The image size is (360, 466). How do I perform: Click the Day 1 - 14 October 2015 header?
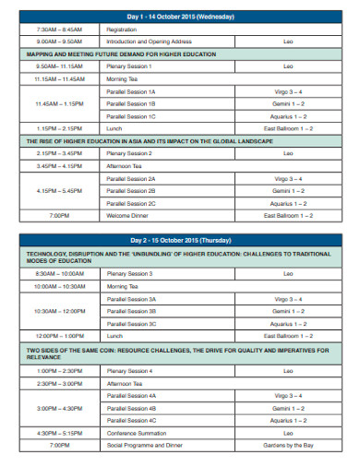[x=179, y=17]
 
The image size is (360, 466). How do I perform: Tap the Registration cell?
[x=122, y=30]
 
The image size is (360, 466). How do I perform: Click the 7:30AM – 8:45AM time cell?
[x=59, y=30]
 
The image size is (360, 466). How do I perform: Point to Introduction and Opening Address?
[x=149, y=42]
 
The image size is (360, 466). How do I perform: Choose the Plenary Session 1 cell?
[x=130, y=66]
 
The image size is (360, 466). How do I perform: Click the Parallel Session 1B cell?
[x=131, y=104]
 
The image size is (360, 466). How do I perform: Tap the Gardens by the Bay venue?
[x=288, y=444]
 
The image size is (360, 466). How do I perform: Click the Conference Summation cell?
[x=136, y=432]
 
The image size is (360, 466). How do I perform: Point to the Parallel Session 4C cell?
[x=131, y=419]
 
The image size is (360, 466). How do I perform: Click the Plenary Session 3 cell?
[x=130, y=274]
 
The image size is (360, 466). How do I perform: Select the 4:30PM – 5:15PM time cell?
[x=59, y=432]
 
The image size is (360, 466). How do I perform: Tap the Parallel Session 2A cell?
[x=131, y=178]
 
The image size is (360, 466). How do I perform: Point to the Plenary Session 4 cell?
[x=130, y=370]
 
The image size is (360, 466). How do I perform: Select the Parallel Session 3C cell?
[x=131, y=324]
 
